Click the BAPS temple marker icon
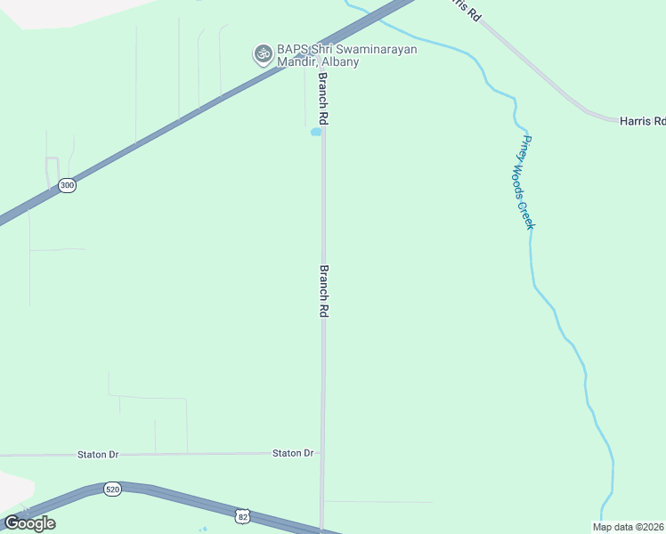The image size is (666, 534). [x=263, y=53]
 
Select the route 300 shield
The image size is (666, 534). [x=67, y=185]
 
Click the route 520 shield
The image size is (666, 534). [x=112, y=489]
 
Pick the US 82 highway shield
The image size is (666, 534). [x=243, y=515]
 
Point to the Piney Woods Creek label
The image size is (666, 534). [x=528, y=182]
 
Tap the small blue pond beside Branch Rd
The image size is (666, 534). [x=315, y=133]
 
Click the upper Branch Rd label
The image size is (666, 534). [x=324, y=98]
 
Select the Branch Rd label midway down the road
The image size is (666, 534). [x=325, y=291]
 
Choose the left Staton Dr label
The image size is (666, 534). [x=98, y=454]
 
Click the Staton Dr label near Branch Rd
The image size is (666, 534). [x=293, y=453]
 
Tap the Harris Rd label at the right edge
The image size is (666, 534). [x=642, y=120]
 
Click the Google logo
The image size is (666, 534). [x=29, y=522]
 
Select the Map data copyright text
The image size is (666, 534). [x=629, y=526]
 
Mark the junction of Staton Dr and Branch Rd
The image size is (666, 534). [x=322, y=453]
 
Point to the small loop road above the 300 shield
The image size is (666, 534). [x=52, y=169]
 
